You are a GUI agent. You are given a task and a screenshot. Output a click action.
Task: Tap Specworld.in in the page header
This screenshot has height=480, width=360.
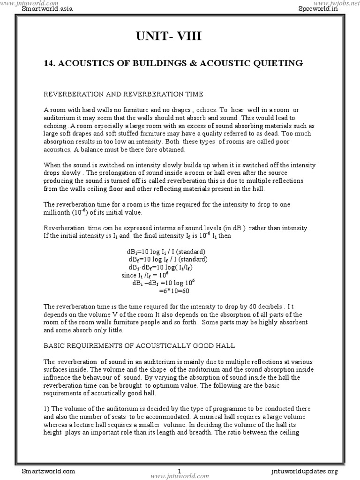click(x=317, y=9)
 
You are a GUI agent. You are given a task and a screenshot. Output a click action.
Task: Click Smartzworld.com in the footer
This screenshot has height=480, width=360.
click(x=48, y=470)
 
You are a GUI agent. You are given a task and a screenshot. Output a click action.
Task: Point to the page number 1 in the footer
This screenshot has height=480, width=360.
click(x=180, y=470)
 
